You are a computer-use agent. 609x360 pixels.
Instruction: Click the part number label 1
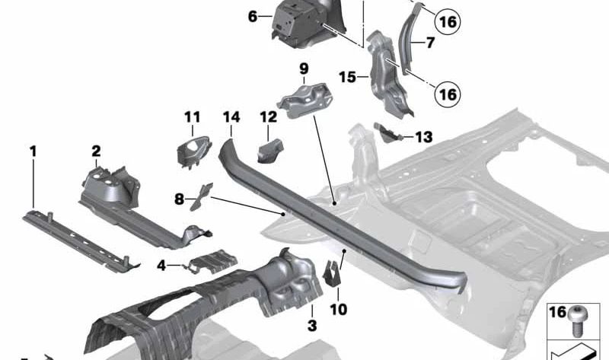tap(33, 151)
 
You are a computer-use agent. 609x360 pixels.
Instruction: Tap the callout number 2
tap(97, 151)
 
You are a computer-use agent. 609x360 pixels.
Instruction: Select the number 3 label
tap(312, 326)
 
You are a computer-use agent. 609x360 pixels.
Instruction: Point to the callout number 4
tap(161, 266)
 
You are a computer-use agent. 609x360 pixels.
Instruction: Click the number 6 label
tap(253, 17)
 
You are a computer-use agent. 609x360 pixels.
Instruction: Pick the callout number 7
tap(430, 43)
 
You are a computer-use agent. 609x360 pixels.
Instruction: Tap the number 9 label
tap(304, 68)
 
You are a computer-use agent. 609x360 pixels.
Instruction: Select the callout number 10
tap(338, 310)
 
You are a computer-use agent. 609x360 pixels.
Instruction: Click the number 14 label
tap(232, 117)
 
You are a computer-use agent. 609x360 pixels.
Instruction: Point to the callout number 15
tap(347, 77)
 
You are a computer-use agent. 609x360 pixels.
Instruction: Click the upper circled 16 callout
tap(447, 21)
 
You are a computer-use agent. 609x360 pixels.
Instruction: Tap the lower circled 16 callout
tap(447, 94)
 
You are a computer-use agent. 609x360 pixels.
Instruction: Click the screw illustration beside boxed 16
tap(579, 320)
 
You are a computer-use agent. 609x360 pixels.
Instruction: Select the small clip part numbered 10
tap(331, 272)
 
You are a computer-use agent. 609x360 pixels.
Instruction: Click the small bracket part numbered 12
tap(270, 150)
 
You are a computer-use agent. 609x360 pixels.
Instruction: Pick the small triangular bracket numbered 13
tap(387, 132)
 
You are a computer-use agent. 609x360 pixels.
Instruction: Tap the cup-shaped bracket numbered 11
tap(193, 152)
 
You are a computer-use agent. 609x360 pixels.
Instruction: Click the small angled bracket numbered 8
tap(201, 196)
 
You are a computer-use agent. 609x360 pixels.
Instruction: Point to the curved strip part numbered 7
tap(407, 39)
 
